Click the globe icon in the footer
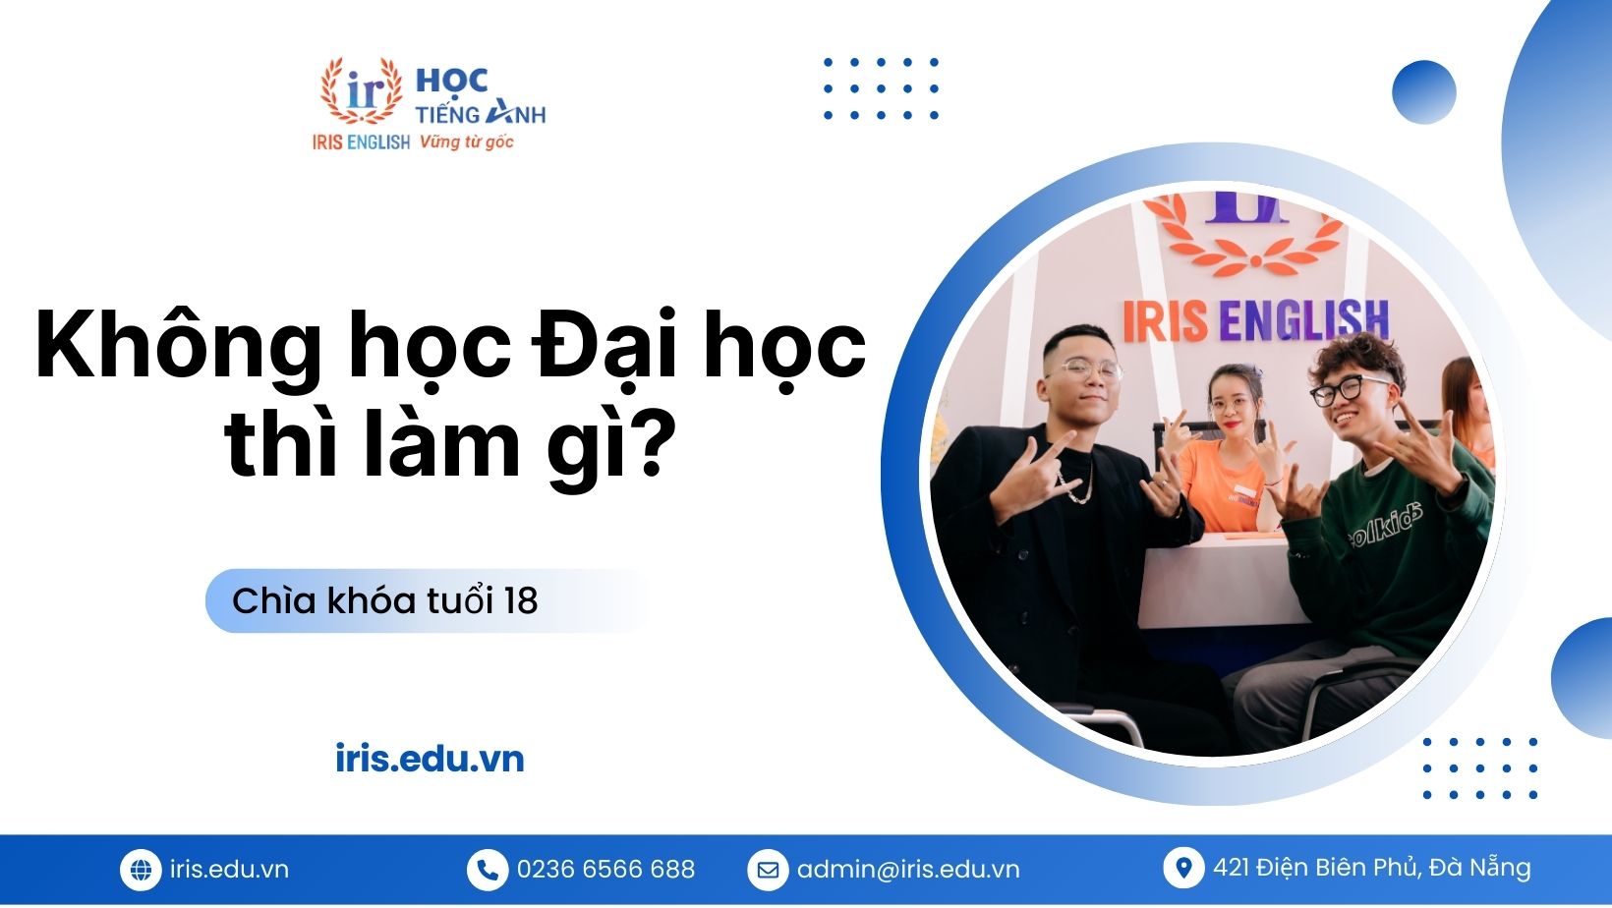point(141,870)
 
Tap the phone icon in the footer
point(487,870)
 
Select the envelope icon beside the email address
point(768,870)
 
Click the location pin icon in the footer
point(1183,868)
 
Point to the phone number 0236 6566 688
point(605,870)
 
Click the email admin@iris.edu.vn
point(908,870)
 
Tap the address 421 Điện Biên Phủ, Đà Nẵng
point(1372,868)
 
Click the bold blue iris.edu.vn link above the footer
point(430,759)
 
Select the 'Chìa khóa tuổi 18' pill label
point(385,600)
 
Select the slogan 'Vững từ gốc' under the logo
point(466,142)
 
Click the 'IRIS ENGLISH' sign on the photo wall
point(1255,320)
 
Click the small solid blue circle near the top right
point(1423,92)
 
